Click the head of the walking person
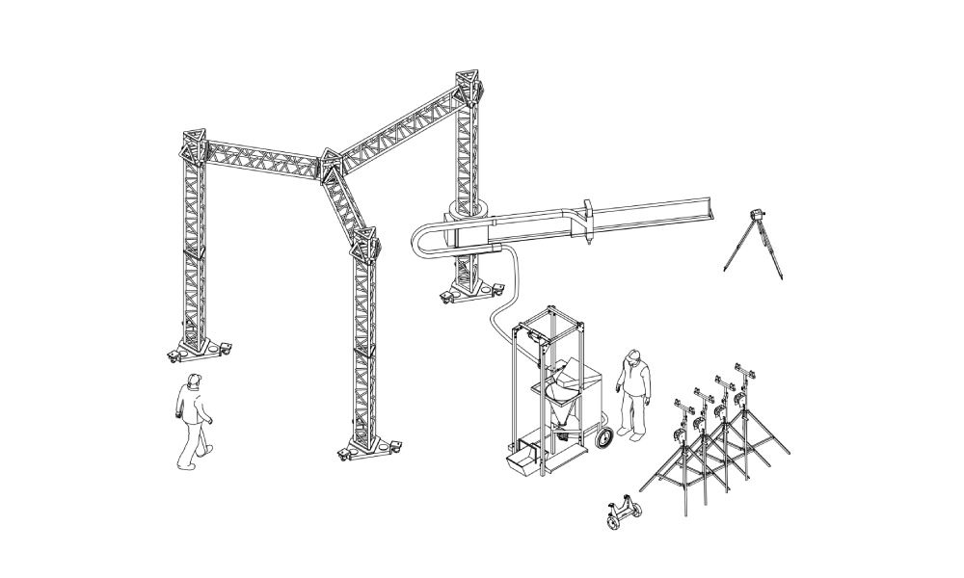pos(194,381)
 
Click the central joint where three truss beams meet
pos(334,166)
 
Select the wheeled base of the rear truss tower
pos(469,290)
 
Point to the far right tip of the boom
pos(711,207)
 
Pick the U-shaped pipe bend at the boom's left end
pos(421,241)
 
